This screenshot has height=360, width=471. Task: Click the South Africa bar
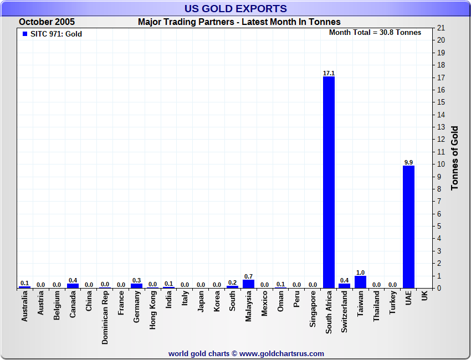tap(329, 182)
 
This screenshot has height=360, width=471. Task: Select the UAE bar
tap(408, 227)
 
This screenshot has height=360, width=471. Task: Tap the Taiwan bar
tap(361, 282)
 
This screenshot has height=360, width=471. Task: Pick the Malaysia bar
tap(248, 284)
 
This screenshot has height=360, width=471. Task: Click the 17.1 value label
tap(329, 73)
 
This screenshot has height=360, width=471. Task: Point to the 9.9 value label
tap(408, 162)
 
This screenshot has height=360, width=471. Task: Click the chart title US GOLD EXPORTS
tap(235, 8)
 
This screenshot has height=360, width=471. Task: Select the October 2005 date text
tap(47, 22)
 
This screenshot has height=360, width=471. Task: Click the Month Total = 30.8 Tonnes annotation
tap(375, 33)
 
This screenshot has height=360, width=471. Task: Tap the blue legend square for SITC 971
tap(24, 34)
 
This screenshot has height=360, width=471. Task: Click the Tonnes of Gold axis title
tap(454, 158)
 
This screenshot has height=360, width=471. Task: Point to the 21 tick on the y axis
tap(441, 28)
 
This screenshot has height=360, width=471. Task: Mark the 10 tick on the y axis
tap(441, 164)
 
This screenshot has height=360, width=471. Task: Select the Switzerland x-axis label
tap(345, 312)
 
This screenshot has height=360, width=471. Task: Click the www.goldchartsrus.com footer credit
tap(246, 353)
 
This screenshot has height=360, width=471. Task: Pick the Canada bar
tap(73, 286)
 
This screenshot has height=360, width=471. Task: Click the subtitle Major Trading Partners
tap(239, 22)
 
